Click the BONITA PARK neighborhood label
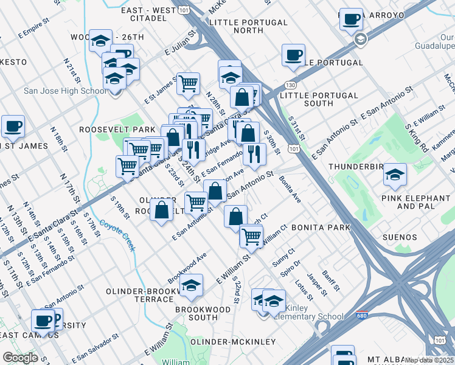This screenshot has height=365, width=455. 321,228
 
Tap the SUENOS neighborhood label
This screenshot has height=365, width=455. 400,237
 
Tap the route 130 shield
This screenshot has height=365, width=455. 293,85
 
